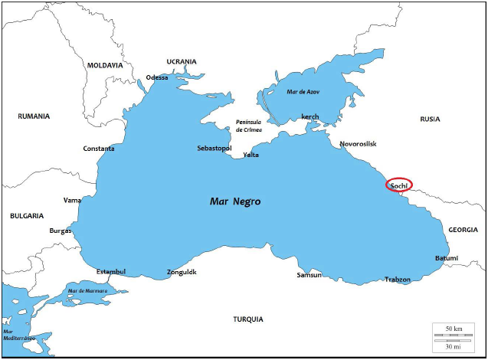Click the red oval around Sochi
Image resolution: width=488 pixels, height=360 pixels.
pos(398,185)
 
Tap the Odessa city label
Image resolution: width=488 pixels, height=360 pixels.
pos(157,77)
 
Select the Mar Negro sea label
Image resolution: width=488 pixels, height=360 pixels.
pos(235,201)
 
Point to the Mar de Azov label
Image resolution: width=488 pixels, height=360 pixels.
pos(303,92)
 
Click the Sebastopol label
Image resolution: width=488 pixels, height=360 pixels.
pos(215,147)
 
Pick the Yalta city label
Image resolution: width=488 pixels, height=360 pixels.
pos(251,155)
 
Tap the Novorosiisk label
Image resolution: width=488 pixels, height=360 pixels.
pos(359,143)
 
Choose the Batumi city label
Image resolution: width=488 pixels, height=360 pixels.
pos(447,258)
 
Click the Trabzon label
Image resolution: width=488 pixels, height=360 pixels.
pos(398,280)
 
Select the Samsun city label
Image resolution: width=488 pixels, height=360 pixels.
pos(310,275)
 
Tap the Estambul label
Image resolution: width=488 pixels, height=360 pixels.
pos(111,271)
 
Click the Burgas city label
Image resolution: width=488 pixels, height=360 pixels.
pos(60,230)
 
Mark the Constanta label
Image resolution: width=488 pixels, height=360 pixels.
pos(99,148)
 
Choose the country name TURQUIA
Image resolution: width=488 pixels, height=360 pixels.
pos(249,318)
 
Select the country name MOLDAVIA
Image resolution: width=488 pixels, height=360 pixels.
pos(105,65)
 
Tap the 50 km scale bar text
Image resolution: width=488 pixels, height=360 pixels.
pos(453,329)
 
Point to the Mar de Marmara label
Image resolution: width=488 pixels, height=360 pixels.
pos(87,291)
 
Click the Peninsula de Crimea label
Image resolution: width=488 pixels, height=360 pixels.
pos(250,126)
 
